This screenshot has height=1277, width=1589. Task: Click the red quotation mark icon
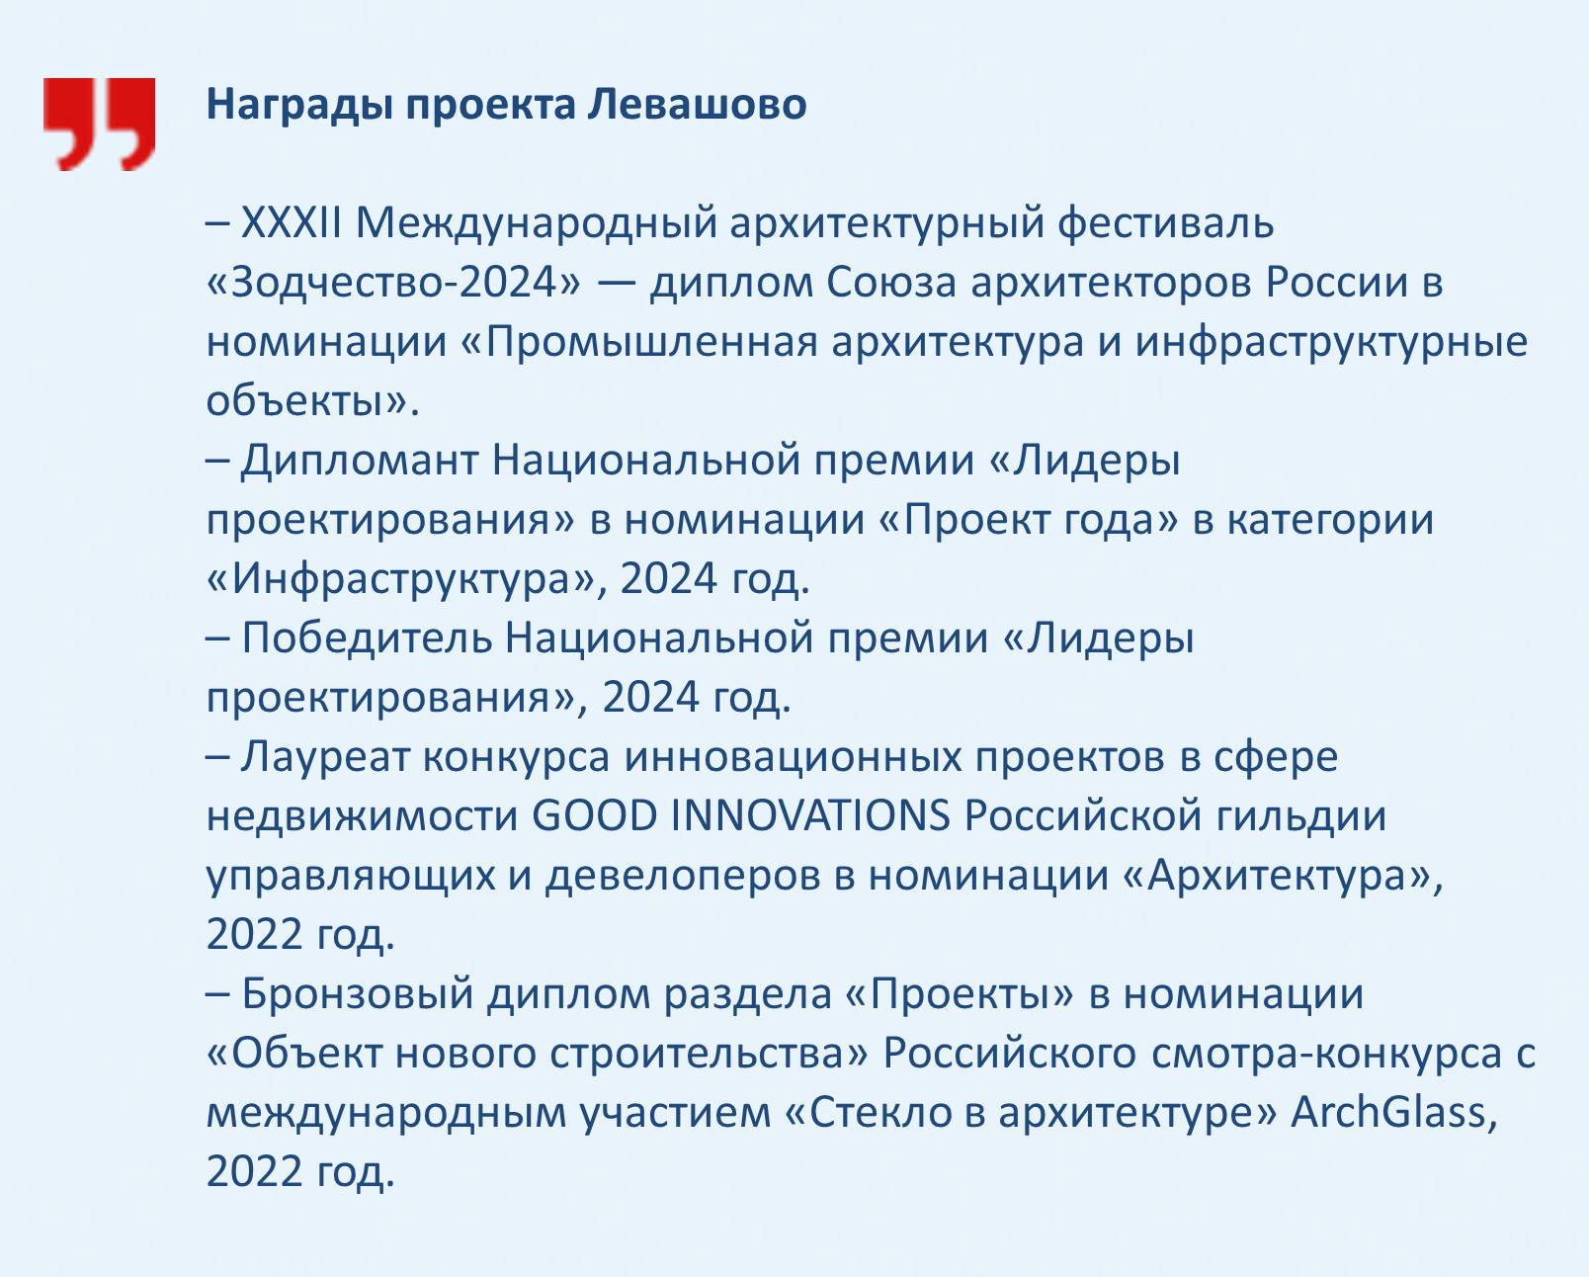(x=99, y=125)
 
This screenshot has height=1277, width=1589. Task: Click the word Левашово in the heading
(x=697, y=104)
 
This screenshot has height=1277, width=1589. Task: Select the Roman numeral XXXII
(x=292, y=222)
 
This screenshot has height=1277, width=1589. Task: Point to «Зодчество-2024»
(x=394, y=282)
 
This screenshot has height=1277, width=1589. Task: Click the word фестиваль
(x=1166, y=224)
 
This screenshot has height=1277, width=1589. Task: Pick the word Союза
(x=891, y=282)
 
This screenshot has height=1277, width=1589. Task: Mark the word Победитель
(x=367, y=638)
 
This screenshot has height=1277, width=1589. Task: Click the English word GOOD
(x=595, y=816)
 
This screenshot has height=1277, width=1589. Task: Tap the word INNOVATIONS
(x=811, y=816)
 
